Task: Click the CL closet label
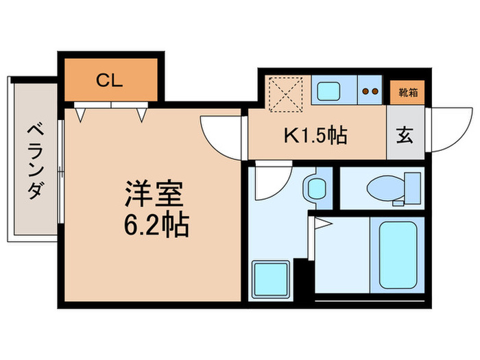109,80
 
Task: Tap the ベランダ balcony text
34,160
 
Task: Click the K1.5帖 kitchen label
316,134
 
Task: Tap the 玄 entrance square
405,134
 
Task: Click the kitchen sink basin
333,91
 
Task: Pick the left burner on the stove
365,91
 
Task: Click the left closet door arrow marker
81,116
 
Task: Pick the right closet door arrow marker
141,116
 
